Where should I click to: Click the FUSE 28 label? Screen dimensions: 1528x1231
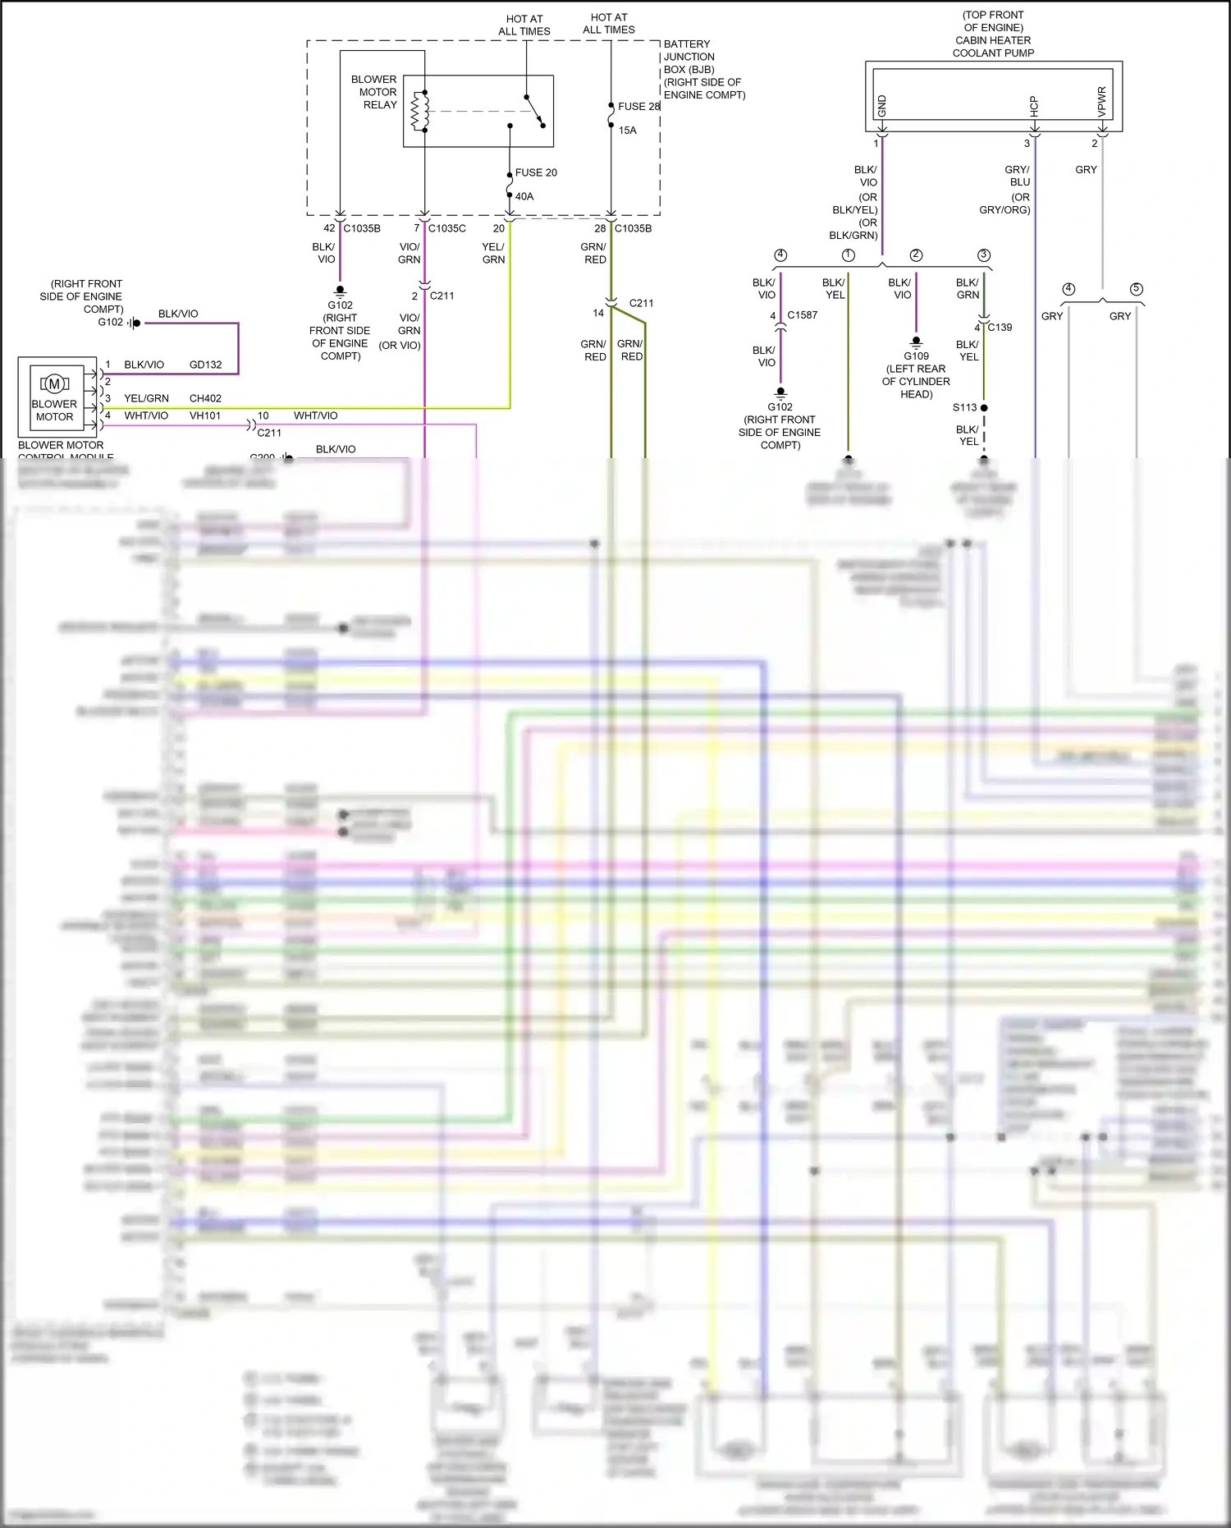tap(638, 107)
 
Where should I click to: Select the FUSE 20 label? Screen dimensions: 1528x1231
tap(536, 172)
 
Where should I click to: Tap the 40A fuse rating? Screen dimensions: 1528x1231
tap(524, 196)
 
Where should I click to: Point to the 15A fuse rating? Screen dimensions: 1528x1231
tap(628, 131)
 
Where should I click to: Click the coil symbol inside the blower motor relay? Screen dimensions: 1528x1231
tap(419, 110)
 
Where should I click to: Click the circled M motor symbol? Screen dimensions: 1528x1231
tap(55, 383)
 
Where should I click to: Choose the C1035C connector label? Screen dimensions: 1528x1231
tap(446, 228)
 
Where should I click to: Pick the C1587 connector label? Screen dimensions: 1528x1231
tap(802, 314)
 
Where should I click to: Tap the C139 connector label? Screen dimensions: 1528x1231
tap(1000, 327)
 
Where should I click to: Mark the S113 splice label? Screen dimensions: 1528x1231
tap(964, 407)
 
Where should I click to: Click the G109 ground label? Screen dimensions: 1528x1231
tap(916, 356)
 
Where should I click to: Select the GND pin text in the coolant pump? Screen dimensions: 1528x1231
tap(882, 105)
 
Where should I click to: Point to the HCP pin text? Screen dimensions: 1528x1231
tap(1034, 105)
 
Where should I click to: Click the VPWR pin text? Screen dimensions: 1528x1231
tap(1102, 101)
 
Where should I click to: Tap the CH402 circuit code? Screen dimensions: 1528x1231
tap(205, 398)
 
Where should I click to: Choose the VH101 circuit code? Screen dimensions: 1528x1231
tap(205, 415)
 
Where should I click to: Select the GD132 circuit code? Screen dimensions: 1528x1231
tap(205, 365)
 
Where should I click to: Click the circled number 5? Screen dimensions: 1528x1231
tap(1136, 289)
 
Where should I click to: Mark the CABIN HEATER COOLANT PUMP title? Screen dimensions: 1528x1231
tap(993, 46)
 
